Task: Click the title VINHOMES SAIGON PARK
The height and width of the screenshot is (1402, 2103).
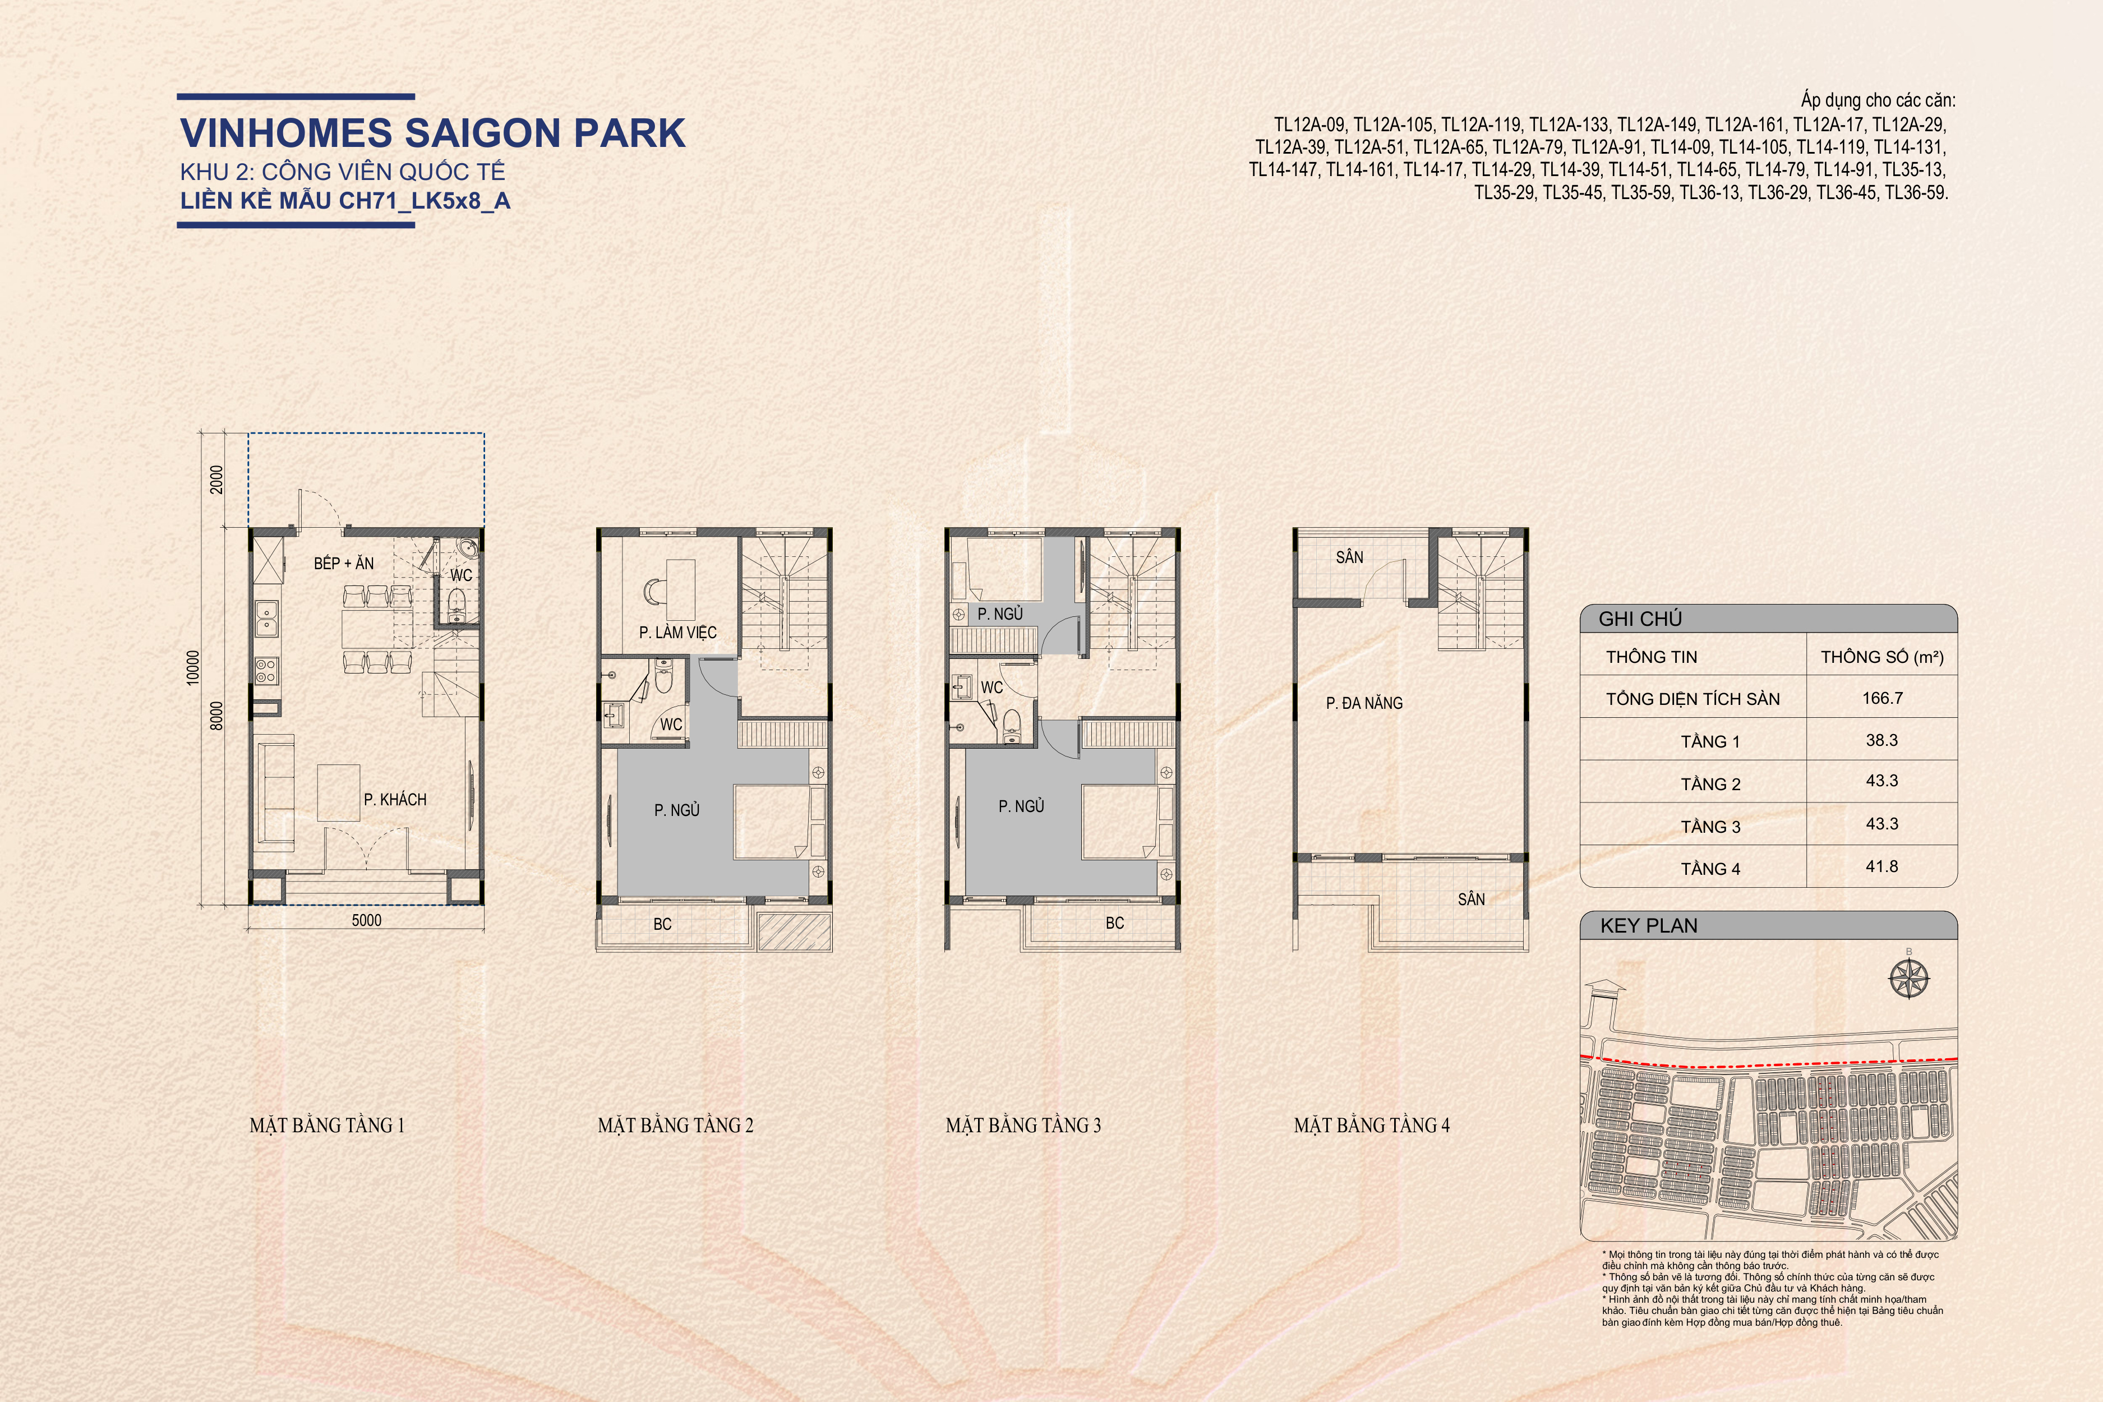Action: coord(433,132)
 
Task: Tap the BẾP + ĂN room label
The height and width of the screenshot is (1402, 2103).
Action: coord(343,563)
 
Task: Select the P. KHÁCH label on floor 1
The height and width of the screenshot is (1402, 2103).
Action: coord(394,799)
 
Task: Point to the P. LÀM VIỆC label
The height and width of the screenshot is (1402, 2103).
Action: coord(678,632)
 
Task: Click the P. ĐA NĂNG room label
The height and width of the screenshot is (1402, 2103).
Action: coord(1364,703)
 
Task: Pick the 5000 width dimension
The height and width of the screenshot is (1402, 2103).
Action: coord(367,920)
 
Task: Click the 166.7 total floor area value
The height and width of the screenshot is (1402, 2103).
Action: coord(1882,698)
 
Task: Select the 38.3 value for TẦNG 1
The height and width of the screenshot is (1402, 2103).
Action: coord(1882,740)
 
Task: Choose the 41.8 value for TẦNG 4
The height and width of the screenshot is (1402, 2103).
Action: coord(1882,866)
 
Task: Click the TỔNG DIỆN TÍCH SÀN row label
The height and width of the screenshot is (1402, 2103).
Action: coord(1692,699)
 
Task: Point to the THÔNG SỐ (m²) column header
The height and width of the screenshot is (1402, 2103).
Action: coord(1882,657)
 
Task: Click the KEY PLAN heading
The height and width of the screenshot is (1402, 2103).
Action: coord(1649,925)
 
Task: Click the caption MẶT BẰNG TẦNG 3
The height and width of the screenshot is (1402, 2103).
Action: coord(1024,1125)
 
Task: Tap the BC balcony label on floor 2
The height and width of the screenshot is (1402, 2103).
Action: coord(662,924)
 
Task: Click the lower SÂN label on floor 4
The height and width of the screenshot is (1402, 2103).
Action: coord(1471,898)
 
